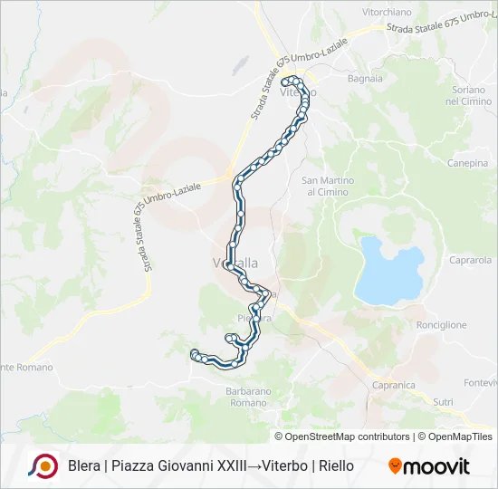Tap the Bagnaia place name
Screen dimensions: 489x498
(x=365, y=79)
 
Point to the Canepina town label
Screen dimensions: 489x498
(x=467, y=163)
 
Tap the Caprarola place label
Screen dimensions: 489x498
(x=469, y=260)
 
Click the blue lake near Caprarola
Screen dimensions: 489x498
(x=389, y=271)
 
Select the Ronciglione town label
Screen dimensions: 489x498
(x=441, y=324)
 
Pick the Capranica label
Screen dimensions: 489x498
(x=393, y=385)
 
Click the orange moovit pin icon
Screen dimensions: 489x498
(x=395, y=466)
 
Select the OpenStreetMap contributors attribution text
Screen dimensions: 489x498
(x=349, y=436)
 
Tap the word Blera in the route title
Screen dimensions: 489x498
(x=84, y=466)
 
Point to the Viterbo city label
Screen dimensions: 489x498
(x=298, y=93)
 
